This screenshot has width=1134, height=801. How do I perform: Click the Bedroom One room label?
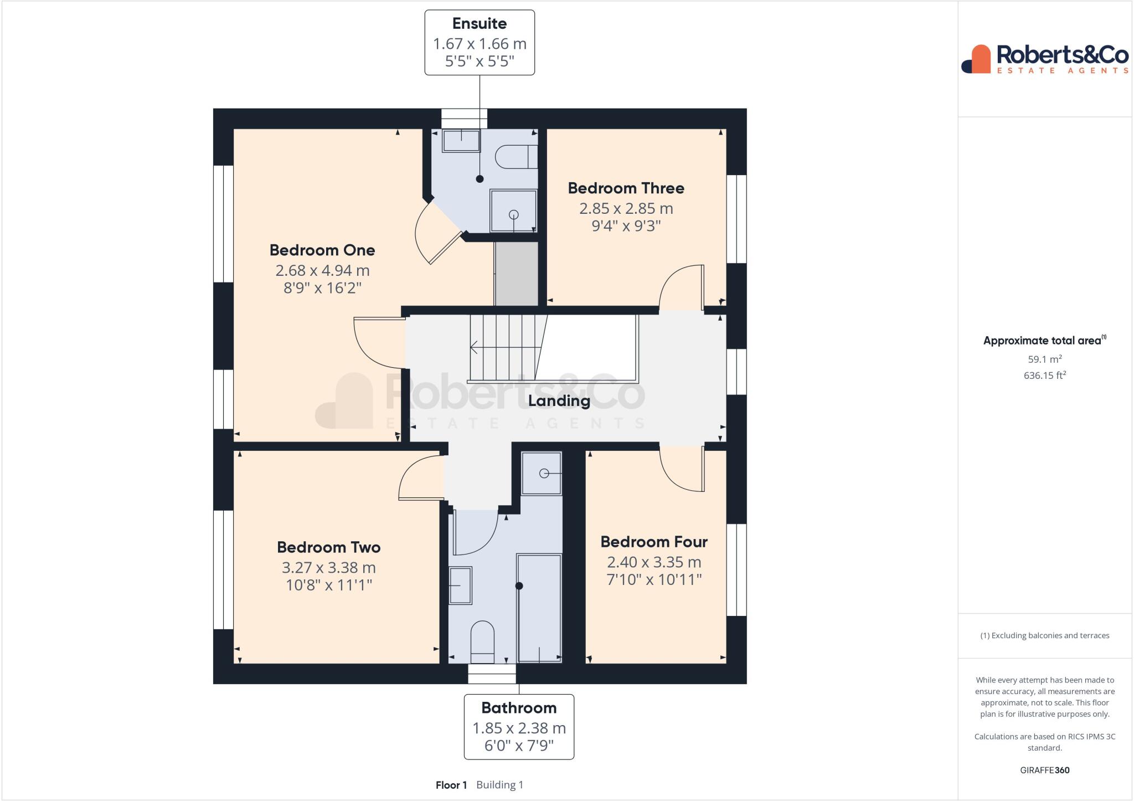tap(322, 250)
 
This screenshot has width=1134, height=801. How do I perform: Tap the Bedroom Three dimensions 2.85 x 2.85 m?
tap(626, 209)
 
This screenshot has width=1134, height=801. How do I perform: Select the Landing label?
tap(559, 401)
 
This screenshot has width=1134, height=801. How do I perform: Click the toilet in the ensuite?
tap(516, 157)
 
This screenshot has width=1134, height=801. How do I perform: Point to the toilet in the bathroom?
tap(482, 641)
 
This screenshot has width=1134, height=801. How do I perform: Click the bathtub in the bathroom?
tap(539, 608)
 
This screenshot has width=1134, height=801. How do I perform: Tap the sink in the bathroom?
tap(460, 585)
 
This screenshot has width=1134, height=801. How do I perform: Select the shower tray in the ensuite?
tap(513, 211)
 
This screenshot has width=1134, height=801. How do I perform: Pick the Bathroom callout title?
tap(519, 708)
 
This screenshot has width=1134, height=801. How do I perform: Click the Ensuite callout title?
tap(480, 24)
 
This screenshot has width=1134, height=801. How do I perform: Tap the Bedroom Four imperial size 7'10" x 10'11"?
tap(654, 580)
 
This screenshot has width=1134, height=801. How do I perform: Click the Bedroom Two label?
tap(329, 547)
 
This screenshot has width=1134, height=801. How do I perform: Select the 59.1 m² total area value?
tap(1045, 359)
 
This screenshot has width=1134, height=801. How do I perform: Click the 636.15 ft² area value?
tap(1045, 375)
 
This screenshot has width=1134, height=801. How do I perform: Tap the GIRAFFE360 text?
tap(1045, 770)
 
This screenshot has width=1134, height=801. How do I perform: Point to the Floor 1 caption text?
tap(451, 785)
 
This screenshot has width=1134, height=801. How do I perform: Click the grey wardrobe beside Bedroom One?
tap(516, 274)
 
